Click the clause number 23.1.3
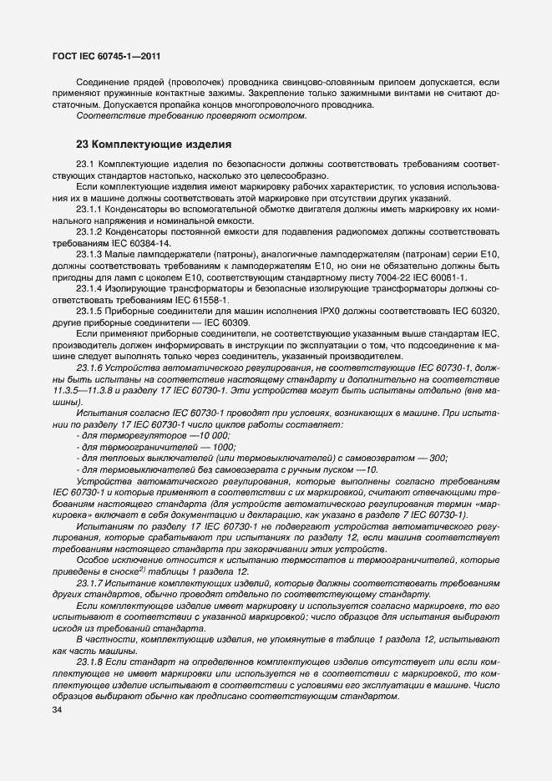click(89, 253)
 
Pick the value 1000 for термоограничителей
click(224, 446)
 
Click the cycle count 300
click(438, 458)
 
